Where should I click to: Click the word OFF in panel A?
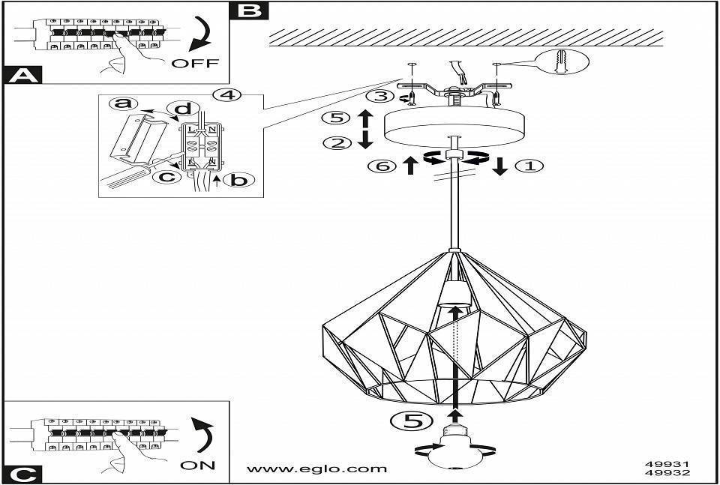tap(195, 63)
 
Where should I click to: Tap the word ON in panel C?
tap(198, 466)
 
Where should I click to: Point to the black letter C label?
tap(22, 474)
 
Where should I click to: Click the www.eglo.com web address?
tap(317, 469)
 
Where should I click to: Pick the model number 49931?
tap(667, 464)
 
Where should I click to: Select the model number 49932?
tap(667, 474)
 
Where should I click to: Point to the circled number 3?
tap(380, 96)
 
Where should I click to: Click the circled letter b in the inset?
tap(238, 180)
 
